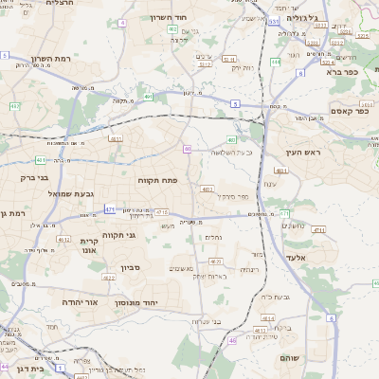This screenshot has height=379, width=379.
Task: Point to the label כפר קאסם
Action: [348, 112]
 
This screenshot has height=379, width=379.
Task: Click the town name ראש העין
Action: [303, 152]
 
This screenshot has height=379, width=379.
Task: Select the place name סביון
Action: [130, 268]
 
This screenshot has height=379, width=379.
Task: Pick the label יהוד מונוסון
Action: [161, 303]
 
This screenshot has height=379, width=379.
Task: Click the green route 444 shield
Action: [275, 63]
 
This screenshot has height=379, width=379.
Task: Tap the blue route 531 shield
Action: [274, 19]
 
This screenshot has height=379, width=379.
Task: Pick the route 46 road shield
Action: [233, 340]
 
